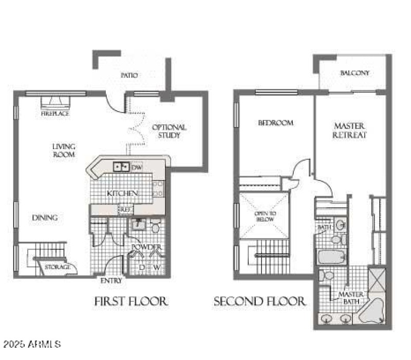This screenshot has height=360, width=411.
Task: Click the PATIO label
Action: pos(129,75)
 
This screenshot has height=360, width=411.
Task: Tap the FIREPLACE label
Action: pos(55,114)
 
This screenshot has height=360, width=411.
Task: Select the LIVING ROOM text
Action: pos(64,150)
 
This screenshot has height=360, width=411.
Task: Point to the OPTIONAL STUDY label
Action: pos(170,131)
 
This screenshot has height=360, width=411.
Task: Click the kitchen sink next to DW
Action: pos(121,167)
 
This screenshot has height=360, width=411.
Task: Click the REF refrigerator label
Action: pos(124,209)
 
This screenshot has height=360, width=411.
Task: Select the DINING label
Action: pos(45,218)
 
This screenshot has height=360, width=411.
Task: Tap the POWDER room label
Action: pos(146,247)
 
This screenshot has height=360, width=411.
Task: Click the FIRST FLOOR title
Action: pos(131,301)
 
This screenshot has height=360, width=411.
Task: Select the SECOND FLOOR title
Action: pos(260,301)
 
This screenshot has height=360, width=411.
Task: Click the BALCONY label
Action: pos(354,73)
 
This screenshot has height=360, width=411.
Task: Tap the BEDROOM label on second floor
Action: pos(275,123)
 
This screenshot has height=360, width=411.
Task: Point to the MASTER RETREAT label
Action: pos(349,131)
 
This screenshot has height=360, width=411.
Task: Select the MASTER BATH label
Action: pos(351,298)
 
